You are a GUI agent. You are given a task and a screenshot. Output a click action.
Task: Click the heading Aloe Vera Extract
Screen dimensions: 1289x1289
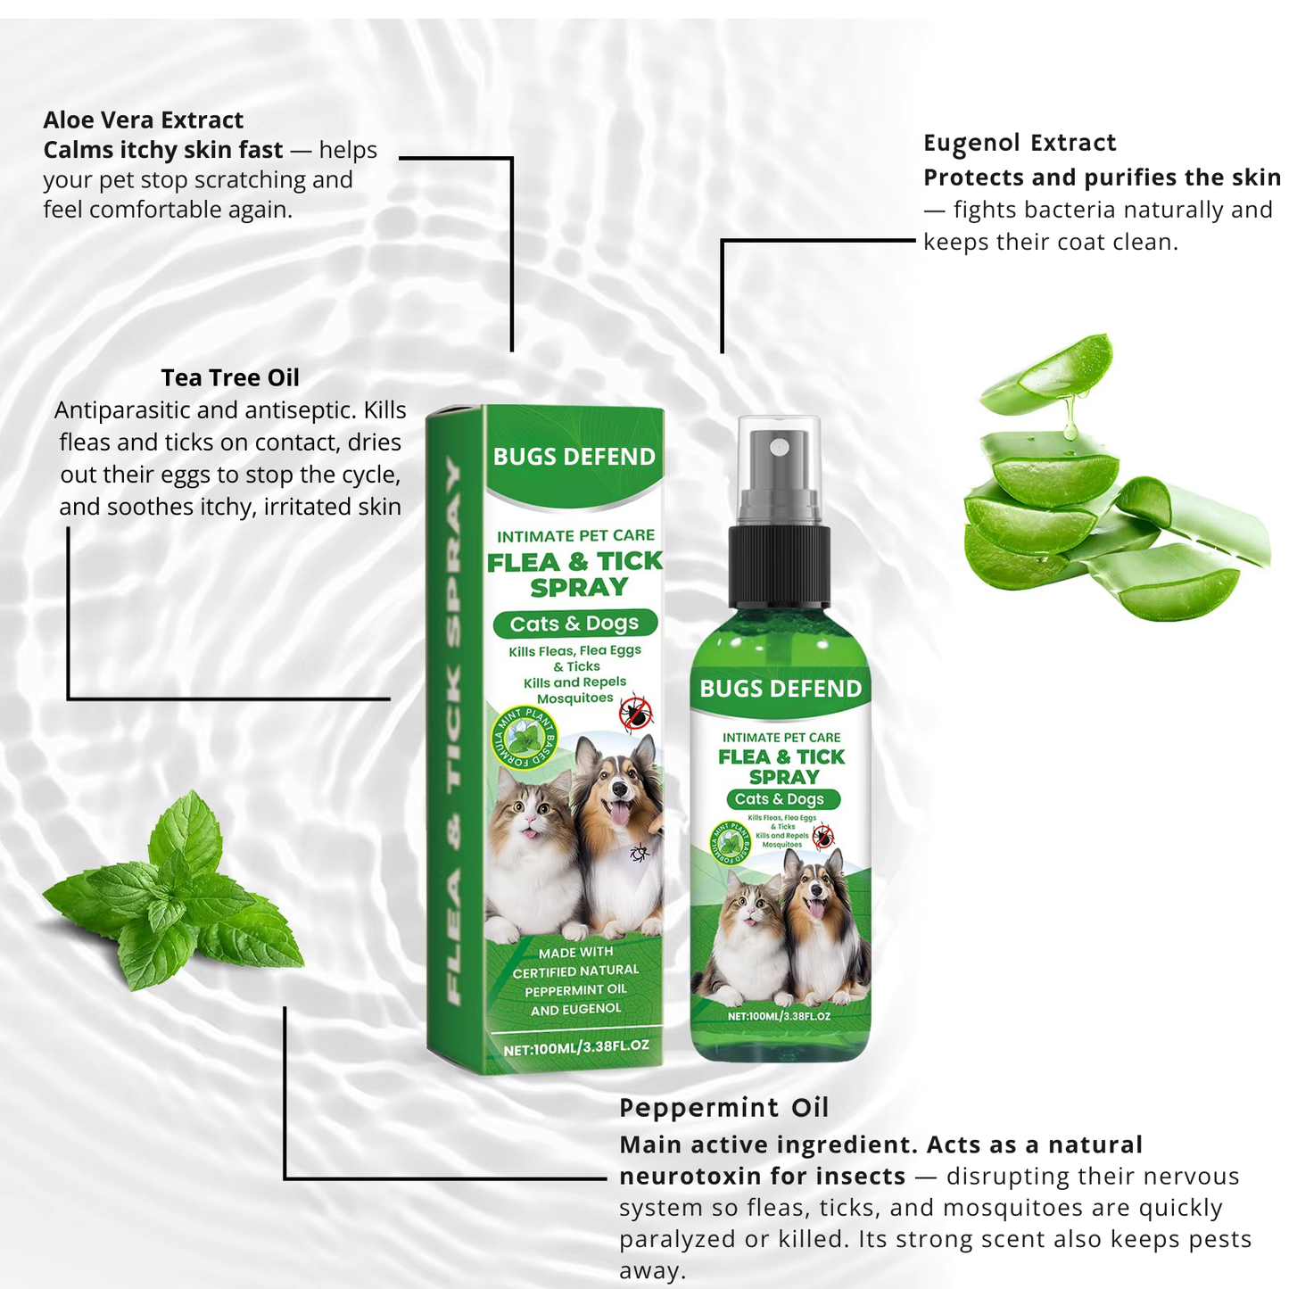tap(143, 120)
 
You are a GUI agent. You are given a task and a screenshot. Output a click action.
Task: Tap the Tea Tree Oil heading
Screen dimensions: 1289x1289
tap(230, 377)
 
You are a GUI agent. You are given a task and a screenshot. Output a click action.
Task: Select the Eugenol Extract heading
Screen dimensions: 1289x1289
tap(1020, 143)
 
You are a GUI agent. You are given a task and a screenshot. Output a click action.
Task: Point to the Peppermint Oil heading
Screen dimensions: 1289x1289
tap(723, 1107)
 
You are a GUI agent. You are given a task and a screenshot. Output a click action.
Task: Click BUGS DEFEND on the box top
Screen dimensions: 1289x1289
tap(574, 457)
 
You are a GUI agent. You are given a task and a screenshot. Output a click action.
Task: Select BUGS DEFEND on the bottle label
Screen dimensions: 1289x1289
tap(781, 689)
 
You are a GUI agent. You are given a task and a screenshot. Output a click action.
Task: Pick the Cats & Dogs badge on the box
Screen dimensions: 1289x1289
tap(574, 624)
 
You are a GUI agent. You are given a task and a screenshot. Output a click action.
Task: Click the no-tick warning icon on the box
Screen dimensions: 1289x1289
tap(636, 714)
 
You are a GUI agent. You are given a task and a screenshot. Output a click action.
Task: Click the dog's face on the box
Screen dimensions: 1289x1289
tap(615, 785)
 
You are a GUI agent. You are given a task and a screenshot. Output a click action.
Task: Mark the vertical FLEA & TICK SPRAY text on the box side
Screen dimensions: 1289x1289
tap(454, 731)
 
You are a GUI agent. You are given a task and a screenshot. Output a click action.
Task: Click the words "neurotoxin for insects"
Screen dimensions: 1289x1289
tap(762, 1177)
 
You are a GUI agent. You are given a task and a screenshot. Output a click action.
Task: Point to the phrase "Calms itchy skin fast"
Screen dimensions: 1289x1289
tap(163, 150)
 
